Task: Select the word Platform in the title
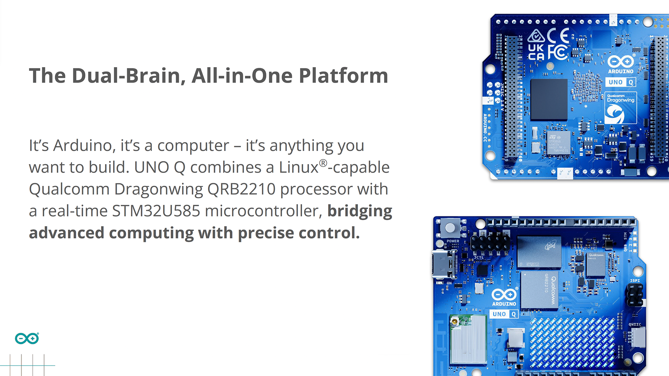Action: (343, 76)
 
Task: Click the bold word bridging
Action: (360, 211)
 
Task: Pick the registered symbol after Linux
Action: (323, 163)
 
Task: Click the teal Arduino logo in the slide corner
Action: (27, 339)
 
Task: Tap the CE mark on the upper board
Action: (558, 35)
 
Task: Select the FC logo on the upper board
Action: (558, 52)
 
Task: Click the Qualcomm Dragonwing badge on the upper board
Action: (620, 108)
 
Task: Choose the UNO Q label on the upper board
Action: (620, 82)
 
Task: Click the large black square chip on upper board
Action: (549, 100)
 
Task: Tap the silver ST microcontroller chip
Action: (558, 143)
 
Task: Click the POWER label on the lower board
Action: (453, 241)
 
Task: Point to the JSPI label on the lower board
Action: (635, 281)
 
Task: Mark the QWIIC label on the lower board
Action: (635, 325)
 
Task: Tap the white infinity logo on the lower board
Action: (504, 294)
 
